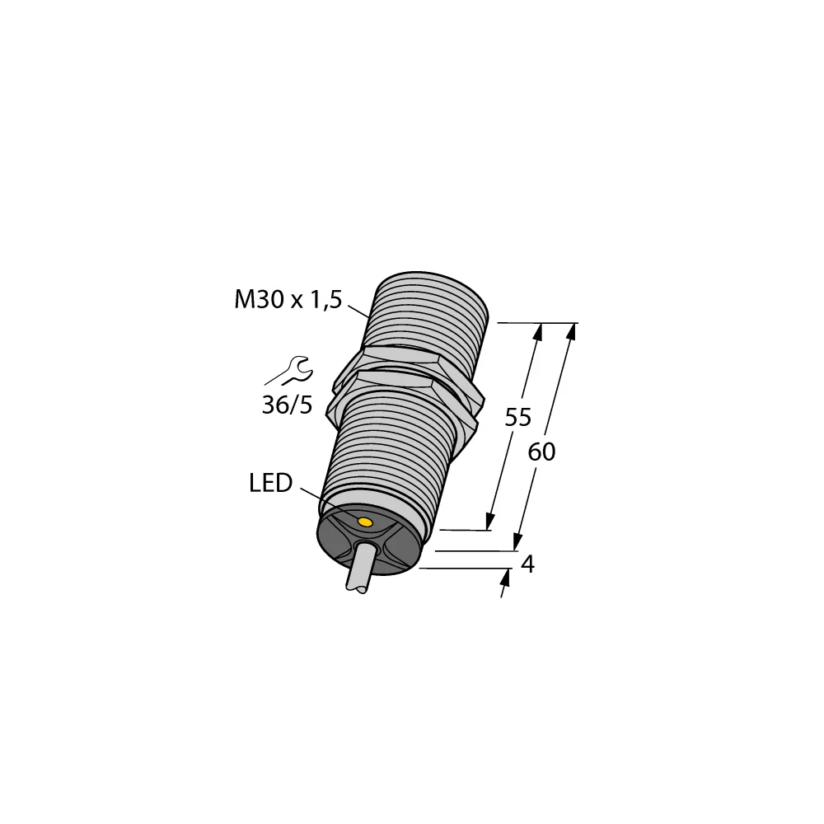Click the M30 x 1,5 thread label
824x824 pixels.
tap(288, 301)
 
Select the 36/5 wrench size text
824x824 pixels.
tap(288, 405)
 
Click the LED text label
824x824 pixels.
tap(270, 484)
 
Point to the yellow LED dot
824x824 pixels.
tap(365, 522)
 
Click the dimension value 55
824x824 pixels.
tap(517, 418)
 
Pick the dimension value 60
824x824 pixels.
tap(541, 452)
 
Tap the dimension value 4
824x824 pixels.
tap(528, 564)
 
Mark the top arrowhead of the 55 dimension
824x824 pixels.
tap(539, 331)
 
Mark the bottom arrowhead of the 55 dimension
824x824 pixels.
tap(489, 522)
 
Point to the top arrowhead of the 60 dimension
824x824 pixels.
tap(570, 331)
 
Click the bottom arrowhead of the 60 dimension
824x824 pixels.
tap(517, 541)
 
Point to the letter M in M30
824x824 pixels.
tap(245, 301)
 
